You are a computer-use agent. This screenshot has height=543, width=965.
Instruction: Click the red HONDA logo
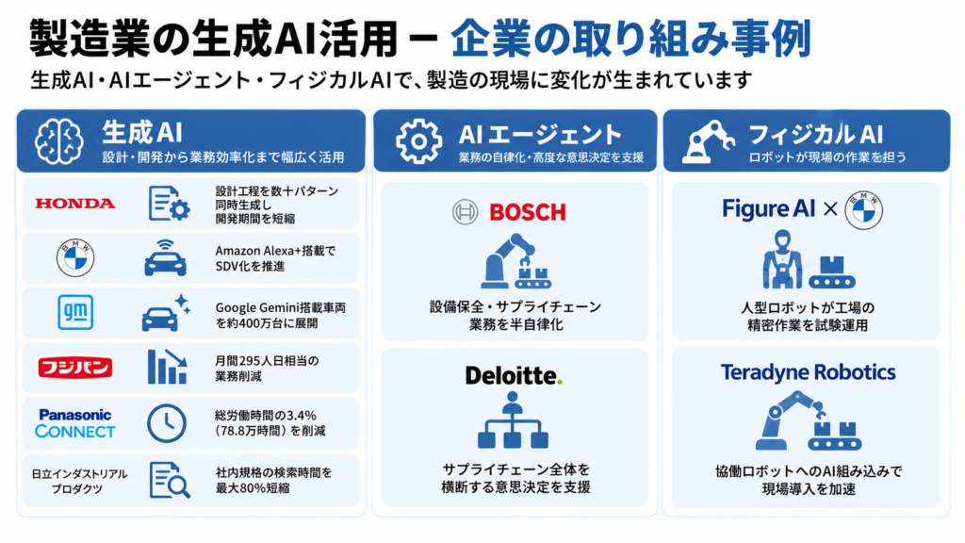pyautogui.click(x=75, y=204)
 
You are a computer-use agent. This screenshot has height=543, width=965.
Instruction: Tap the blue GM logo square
pyautogui.click(x=75, y=312)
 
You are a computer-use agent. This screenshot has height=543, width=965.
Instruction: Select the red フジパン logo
pyautogui.click(x=75, y=368)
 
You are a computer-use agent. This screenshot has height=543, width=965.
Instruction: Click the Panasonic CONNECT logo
pyautogui.click(x=75, y=423)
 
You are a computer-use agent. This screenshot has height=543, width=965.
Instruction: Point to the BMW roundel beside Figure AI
pyautogui.click(x=863, y=210)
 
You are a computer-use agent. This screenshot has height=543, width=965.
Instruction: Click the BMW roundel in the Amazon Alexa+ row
pyautogui.click(x=75, y=258)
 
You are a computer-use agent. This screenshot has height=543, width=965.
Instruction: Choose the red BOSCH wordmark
pyautogui.click(x=528, y=212)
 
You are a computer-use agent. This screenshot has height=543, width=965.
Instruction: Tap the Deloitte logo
pyautogui.click(x=514, y=375)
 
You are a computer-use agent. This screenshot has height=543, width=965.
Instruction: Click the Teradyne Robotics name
pyautogui.click(x=808, y=372)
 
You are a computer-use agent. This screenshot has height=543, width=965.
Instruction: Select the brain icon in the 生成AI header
pyautogui.click(x=59, y=141)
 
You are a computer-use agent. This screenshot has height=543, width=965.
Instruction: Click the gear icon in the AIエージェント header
pyautogui.click(x=418, y=141)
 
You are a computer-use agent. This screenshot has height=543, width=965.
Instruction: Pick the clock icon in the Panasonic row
pyautogui.click(x=167, y=423)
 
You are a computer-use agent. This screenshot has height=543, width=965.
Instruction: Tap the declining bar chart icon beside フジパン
pyautogui.click(x=168, y=367)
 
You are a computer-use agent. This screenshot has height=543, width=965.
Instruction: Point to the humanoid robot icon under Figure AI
pyautogui.click(x=782, y=259)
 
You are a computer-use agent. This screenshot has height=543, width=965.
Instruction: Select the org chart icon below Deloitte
pyautogui.click(x=513, y=420)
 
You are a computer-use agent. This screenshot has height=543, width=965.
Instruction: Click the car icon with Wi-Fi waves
pyautogui.click(x=165, y=258)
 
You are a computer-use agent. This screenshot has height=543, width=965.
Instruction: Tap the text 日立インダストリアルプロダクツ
pyautogui.click(x=79, y=482)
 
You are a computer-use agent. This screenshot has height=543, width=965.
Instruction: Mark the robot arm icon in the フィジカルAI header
pyautogui.click(x=709, y=141)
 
